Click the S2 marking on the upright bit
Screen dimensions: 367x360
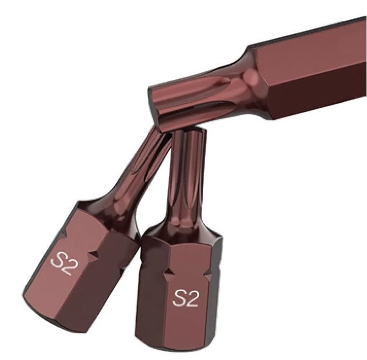point(186,298)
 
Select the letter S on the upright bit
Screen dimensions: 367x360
point(179,298)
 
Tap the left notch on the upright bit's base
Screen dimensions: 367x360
point(169,273)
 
